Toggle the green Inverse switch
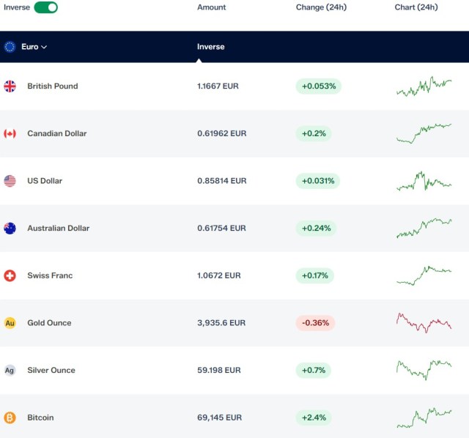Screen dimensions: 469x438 [x=45, y=7]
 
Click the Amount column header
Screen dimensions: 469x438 [x=212, y=7]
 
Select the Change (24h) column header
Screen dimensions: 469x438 [x=321, y=7]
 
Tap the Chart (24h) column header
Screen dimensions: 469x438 [x=416, y=7]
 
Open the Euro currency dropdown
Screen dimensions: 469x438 [x=34, y=47]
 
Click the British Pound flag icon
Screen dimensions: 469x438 [x=10, y=86]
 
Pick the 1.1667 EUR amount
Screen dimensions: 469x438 [x=218, y=86]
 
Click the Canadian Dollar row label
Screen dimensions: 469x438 [x=57, y=133]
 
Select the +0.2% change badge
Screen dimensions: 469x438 [x=314, y=133]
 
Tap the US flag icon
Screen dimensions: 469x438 [x=10, y=181]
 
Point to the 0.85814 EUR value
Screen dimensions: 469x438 [x=221, y=181]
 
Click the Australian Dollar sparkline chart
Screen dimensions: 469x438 [x=424, y=228]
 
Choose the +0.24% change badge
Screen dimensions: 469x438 [x=316, y=228]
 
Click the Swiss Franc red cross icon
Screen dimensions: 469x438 [x=10, y=275]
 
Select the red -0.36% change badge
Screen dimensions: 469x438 [x=315, y=323]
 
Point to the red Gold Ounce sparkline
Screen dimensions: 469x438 [x=424, y=323]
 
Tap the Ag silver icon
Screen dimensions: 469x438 [x=10, y=371]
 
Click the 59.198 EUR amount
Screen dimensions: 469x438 [x=219, y=370]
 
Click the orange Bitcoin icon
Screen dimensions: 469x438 [x=10, y=417]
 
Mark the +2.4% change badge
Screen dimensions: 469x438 [x=314, y=417]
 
